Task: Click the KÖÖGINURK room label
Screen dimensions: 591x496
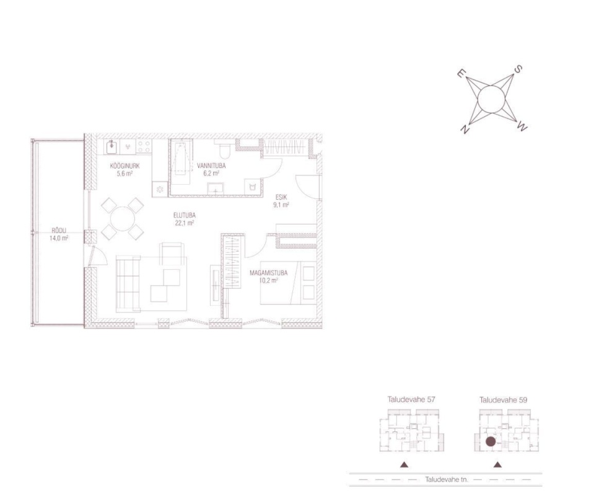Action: point(125,166)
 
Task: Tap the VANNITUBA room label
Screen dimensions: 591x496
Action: point(211,166)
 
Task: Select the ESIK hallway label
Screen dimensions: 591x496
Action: point(281,197)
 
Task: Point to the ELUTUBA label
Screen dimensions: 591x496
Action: point(185,215)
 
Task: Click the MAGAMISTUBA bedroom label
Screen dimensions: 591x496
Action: point(268,273)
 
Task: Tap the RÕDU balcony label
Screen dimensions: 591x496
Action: point(59,231)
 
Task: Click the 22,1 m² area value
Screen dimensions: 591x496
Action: point(185,223)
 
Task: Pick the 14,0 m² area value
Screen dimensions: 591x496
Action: point(59,238)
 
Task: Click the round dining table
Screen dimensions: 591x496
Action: point(123,219)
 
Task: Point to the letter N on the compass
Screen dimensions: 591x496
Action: point(465,130)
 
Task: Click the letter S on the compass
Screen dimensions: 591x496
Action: point(519,69)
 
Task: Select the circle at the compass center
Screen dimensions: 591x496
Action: point(491,99)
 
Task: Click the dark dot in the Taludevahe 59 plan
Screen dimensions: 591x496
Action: point(491,441)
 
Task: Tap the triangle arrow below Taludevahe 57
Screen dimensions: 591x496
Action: point(404,464)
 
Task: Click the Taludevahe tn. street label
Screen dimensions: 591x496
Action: point(446,480)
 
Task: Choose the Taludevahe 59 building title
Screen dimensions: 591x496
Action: point(503,400)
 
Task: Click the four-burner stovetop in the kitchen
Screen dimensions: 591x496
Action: point(144,146)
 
